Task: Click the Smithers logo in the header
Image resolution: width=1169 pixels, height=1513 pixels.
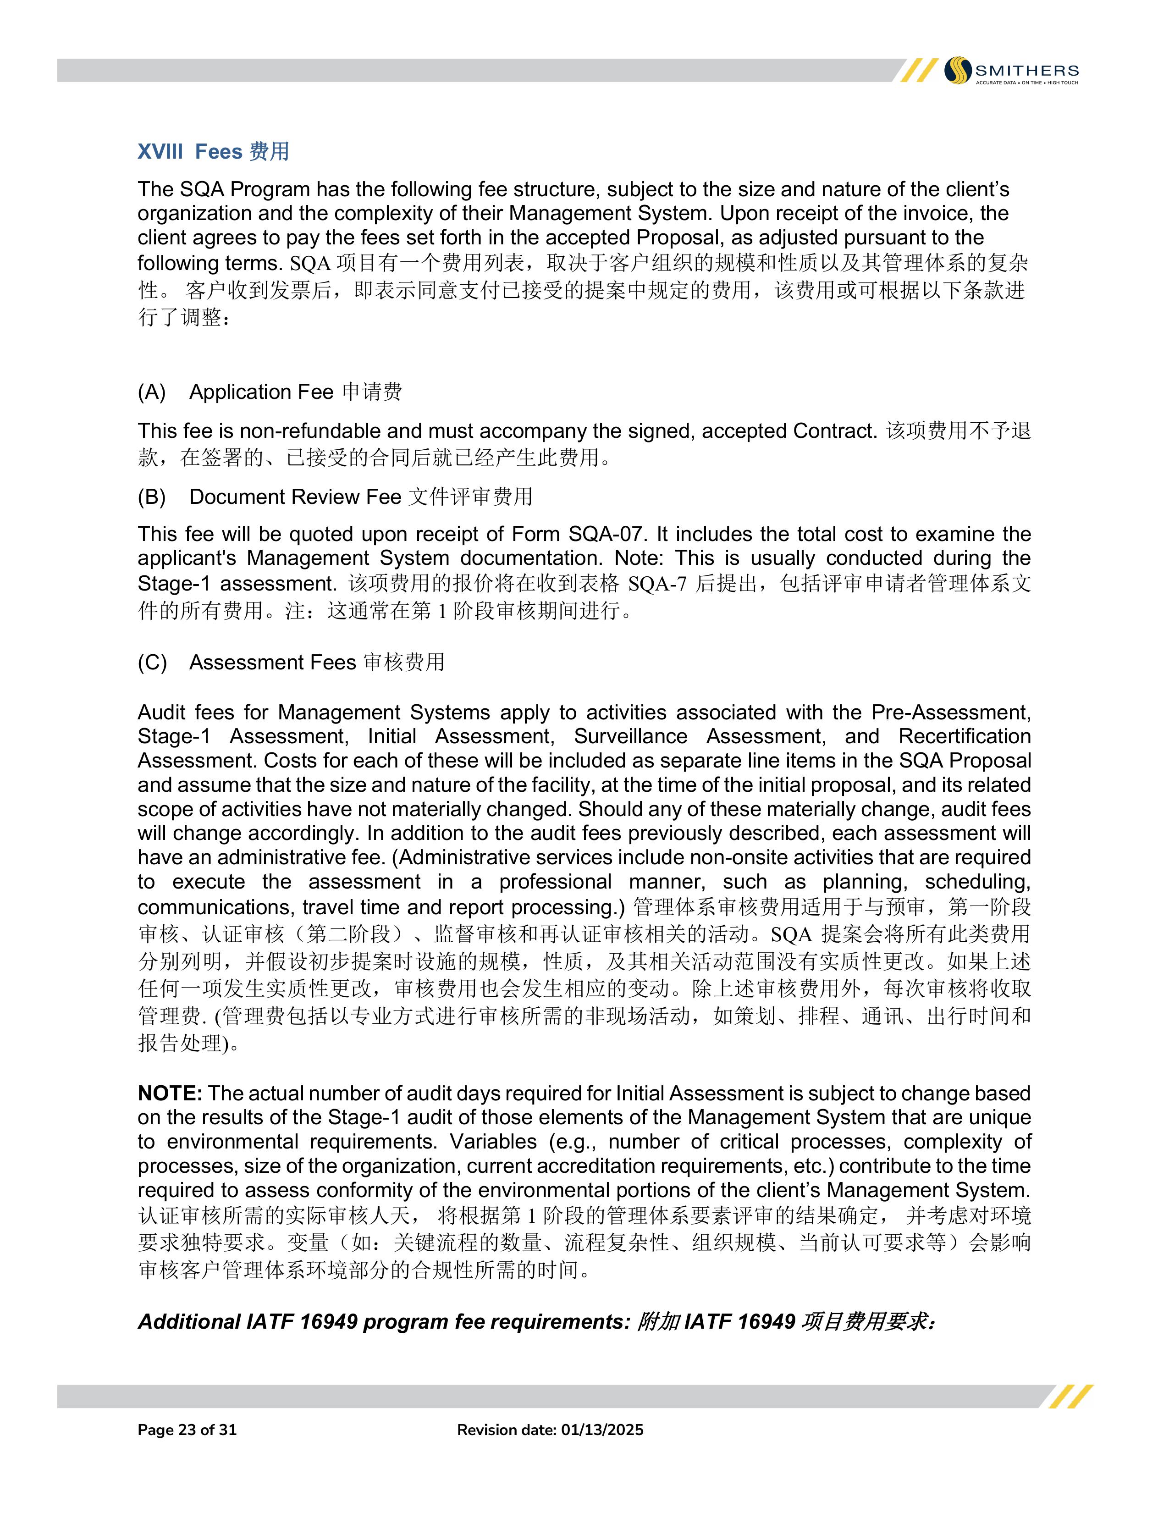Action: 1011,71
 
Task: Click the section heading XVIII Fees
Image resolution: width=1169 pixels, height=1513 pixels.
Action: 213,152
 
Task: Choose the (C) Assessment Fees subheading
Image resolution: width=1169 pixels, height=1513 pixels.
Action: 291,663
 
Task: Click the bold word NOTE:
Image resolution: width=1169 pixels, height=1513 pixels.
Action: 170,1093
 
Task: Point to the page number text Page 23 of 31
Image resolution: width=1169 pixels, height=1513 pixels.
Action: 187,1430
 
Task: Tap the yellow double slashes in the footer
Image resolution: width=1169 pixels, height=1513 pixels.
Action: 1070,1396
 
